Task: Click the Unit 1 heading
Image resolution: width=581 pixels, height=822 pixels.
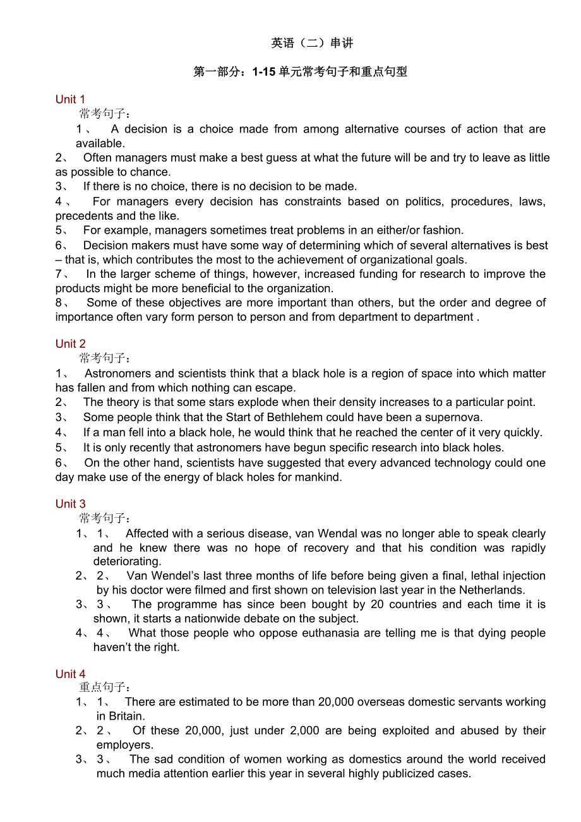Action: pyautogui.click(x=70, y=100)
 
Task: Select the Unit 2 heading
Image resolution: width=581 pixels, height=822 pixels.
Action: pyautogui.click(x=70, y=344)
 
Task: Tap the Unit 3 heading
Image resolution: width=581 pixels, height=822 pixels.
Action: pyautogui.click(x=70, y=504)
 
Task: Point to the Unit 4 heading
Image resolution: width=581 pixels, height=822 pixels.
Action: pyautogui.click(x=70, y=674)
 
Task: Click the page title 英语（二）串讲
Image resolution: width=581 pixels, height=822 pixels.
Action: pyautogui.click(x=312, y=43)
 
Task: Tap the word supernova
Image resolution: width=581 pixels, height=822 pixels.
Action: pyautogui.click(x=453, y=417)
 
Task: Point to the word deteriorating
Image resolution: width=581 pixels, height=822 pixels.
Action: pyautogui.click(x=127, y=561)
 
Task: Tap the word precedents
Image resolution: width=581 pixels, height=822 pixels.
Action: pyautogui.click(x=85, y=216)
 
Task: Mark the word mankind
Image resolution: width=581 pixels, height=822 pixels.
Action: pyautogui.click(x=316, y=477)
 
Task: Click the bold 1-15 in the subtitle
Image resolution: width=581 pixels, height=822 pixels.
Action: pyautogui.click(x=264, y=72)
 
